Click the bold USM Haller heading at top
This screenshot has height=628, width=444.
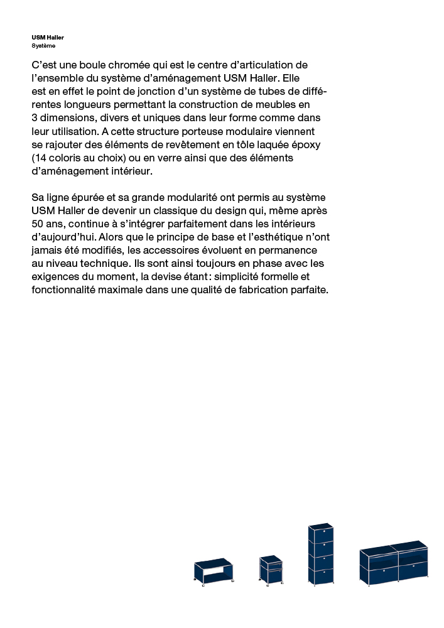point(48,38)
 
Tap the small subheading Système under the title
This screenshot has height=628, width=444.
point(43,46)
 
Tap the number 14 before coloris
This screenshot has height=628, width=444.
point(41,158)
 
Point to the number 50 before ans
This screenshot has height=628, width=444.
point(38,224)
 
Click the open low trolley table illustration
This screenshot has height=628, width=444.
point(214,571)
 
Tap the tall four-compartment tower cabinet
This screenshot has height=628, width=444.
point(320,555)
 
